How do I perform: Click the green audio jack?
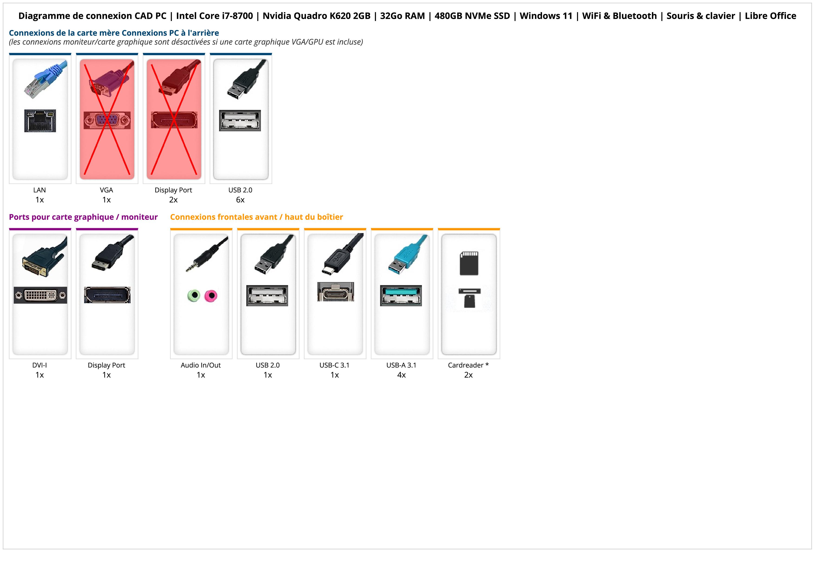[194, 295]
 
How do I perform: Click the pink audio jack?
[211, 295]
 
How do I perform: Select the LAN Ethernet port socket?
[40, 121]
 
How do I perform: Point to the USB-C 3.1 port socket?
[335, 292]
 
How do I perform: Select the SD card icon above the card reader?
[469, 263]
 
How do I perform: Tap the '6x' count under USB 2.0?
[240, 200]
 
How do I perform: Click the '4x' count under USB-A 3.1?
[401, 375]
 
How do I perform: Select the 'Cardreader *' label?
[468, 365]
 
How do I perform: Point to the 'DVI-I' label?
[39, 365]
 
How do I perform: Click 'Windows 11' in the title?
[546, 16]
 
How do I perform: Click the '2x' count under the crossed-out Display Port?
[173, 200]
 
